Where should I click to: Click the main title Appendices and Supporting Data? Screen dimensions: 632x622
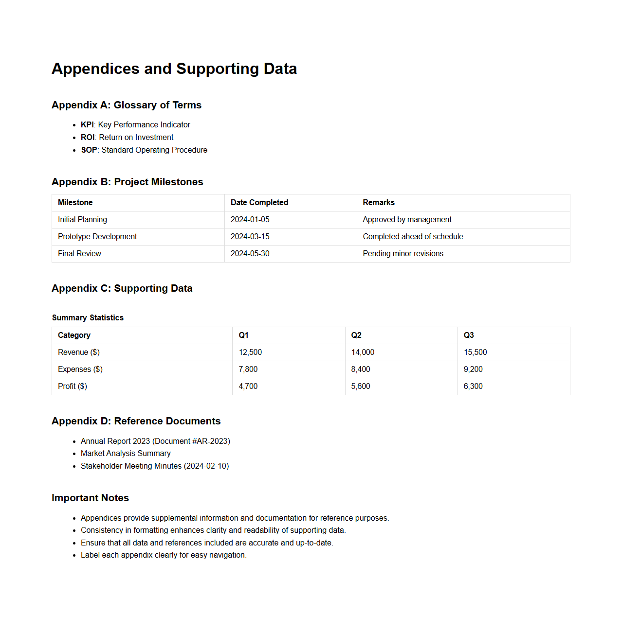click(x=174, y=69)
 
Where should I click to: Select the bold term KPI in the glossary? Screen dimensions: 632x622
click(x=87, y=125)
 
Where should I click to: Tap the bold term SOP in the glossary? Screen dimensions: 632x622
click(x=89, y=150)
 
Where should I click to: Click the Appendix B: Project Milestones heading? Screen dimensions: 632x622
click(x=128, y=182)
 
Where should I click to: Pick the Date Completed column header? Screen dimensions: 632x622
click(x=259, y=203)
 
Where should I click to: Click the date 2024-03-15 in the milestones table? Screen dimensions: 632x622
click(x=250, y=237)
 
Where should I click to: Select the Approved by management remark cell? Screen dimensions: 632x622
click(x=407, y=220)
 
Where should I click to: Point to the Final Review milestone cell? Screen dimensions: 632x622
click(x=80, y=254)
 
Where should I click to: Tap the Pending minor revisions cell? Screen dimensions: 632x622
click(x=403, y=254)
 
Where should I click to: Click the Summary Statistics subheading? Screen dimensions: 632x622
click(x=88, y=318)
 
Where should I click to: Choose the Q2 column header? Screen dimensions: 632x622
click(x=356, y=335)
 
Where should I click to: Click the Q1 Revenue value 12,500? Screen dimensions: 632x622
click(x=250, y=352)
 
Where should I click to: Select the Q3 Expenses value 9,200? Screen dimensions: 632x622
click(x=473, y=369)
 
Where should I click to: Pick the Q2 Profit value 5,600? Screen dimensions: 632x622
click(x=361, y=386)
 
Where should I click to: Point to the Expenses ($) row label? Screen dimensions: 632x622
click(x=80, y=369)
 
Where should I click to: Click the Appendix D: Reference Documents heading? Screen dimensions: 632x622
click(x=136, y=421)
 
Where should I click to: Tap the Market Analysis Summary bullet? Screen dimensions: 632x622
click(x=126, y=454)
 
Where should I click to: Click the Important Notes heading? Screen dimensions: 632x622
click(x=91, y=498)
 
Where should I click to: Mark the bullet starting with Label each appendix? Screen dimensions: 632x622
click(x=164, y=555)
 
